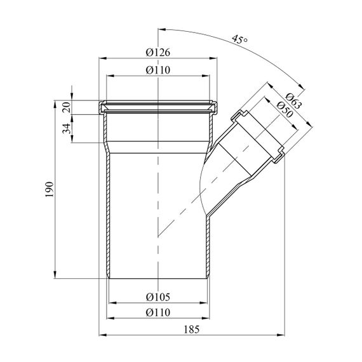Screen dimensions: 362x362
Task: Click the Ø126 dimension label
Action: click(x=158, y=53)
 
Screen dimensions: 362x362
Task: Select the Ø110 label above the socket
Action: click(x=158, y=70)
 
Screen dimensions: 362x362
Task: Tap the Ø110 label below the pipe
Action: click(x=158, y=312)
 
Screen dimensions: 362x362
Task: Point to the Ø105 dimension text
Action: click(x=158, y=297)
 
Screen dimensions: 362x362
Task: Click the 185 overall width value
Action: click(x=191, y=330)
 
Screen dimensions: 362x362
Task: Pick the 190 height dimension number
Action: click(x=49, y=189)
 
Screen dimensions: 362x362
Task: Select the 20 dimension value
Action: click(x=67, y=107)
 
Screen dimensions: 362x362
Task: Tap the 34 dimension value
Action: click(x=67, y=128)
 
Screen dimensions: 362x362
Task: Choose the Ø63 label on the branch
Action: click(x=293, y=101)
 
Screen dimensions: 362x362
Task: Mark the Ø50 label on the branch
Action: click(x=285, y=109)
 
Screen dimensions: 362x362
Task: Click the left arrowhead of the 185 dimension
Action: click(x=102, y=335)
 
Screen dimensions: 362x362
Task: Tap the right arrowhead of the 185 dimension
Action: click(x=281, y=335)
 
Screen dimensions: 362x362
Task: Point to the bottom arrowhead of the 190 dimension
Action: click(x=55, y=275)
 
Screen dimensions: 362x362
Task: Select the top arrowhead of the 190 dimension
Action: click(x=55, y=104)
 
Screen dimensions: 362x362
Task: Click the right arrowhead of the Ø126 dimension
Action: click(x=213, y=58)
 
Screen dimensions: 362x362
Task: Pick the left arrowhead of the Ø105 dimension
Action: click(x=112, y=303)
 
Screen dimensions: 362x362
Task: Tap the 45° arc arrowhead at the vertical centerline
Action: click(x=161, y=30)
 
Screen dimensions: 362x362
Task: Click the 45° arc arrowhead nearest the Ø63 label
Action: click(x=301, y=86)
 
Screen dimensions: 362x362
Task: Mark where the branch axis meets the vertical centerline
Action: click(x=158, y=237)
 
